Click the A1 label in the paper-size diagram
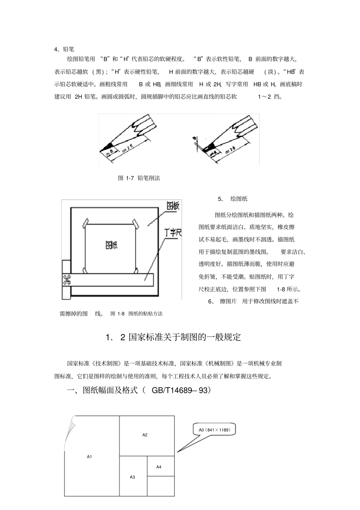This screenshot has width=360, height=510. tap(89, 457)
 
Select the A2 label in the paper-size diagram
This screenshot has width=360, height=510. tap(145, 435)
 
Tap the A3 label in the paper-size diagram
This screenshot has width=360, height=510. tap(132, 477)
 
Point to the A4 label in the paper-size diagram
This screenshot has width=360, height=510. tap(159, 467)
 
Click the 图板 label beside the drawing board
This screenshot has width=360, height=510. tap(173, 206)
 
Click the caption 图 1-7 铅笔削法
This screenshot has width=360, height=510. tap(139, 178)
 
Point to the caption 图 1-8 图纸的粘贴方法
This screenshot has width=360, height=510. tap(136, 314)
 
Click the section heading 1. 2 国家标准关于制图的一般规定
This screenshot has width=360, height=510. tap(174, 337)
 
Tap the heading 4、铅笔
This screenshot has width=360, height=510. tap(64, 49)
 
